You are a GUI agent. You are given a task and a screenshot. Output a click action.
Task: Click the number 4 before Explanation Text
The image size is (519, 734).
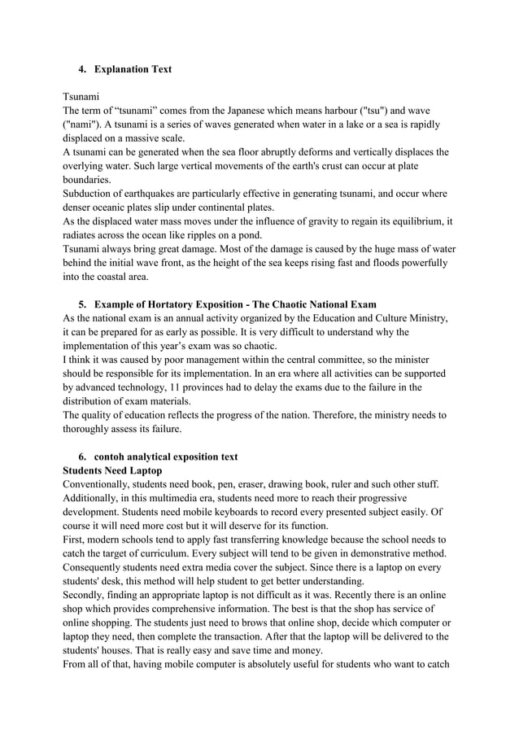tap(81, 69)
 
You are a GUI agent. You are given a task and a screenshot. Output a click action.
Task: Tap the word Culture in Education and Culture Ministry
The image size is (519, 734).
tap(385, 318)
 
